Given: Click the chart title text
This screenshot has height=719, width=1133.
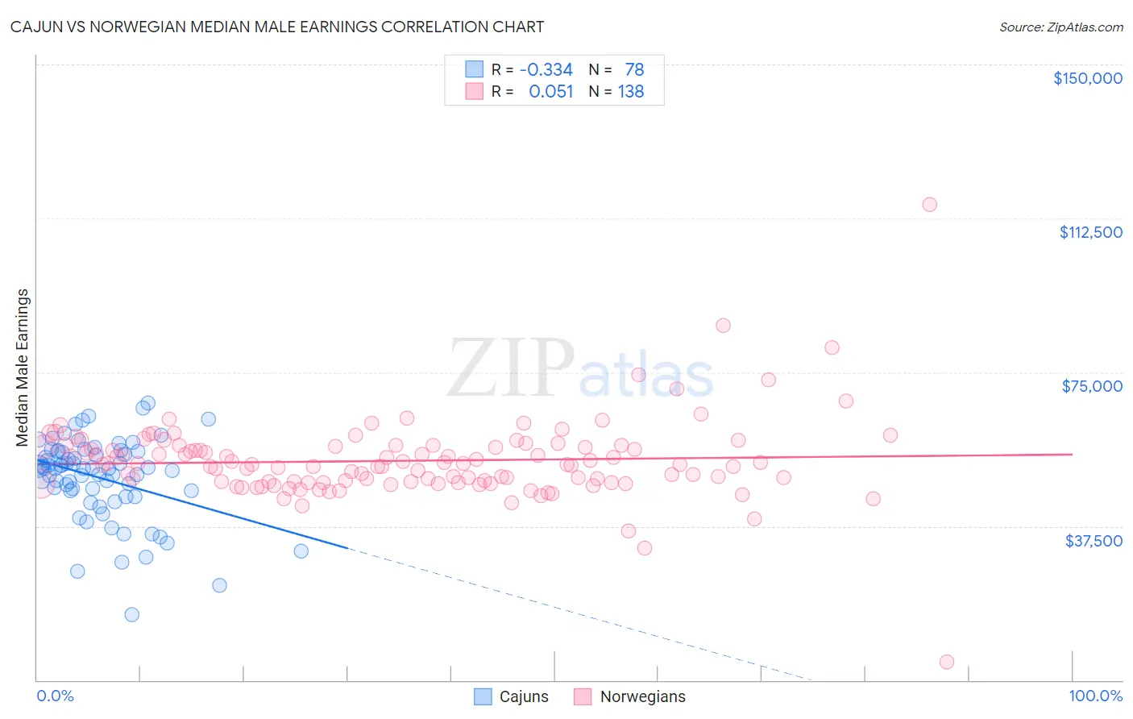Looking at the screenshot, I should pyautogui.click(x=277, y=27).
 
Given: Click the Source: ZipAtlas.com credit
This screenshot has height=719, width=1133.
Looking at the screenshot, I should pyautogui.click(x=1060, y=27).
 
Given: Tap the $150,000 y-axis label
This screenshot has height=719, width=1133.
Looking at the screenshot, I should pyautogui.click(x=1087, y=78).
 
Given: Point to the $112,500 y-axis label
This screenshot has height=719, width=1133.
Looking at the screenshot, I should pyautogui.click(x=1090, y=232).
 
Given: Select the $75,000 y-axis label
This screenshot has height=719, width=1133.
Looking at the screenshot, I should pyautogui.click(x=1092, y=386).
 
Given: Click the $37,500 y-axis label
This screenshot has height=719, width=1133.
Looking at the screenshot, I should pyautogui.click(x=1093, y=541).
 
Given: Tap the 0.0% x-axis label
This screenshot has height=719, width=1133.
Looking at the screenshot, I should pyautogui.click(x=55, y=696).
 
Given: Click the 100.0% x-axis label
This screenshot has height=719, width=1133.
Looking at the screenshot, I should pyautogui.click(x=1095, y=696).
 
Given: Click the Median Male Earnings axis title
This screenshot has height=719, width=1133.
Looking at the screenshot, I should pyautogui.click(x=23, y=368).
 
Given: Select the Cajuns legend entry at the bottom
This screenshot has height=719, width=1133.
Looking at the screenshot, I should pyautogui.click(x=511, y=696).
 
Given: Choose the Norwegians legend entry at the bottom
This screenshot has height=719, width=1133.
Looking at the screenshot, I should pyautogui.click(x=629, y=696).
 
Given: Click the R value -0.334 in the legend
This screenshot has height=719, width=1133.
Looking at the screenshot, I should pyautogui.click(x=546, y=70).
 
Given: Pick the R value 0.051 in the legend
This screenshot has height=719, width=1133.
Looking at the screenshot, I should pyautogui.click(x=550, y=92).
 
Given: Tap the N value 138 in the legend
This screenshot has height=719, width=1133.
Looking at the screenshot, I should pyautogui.click(x=631, y=92).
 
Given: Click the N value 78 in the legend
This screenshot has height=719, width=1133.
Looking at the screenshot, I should pyautogui.click(x=634, y=70).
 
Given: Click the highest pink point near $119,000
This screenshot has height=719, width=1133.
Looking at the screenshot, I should pyautogui.click(x=929, y=204).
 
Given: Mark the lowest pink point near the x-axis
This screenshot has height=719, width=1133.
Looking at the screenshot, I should pyautogui.click(x=947, y=662).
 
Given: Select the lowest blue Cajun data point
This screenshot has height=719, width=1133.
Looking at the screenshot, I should pyautogui.click(x=131, y=614).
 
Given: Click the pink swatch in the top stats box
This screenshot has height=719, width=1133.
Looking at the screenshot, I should pyautogui.click(x=475, y=91).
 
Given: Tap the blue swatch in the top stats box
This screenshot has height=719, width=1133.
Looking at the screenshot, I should pyautogui.click(x=475, y=69).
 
